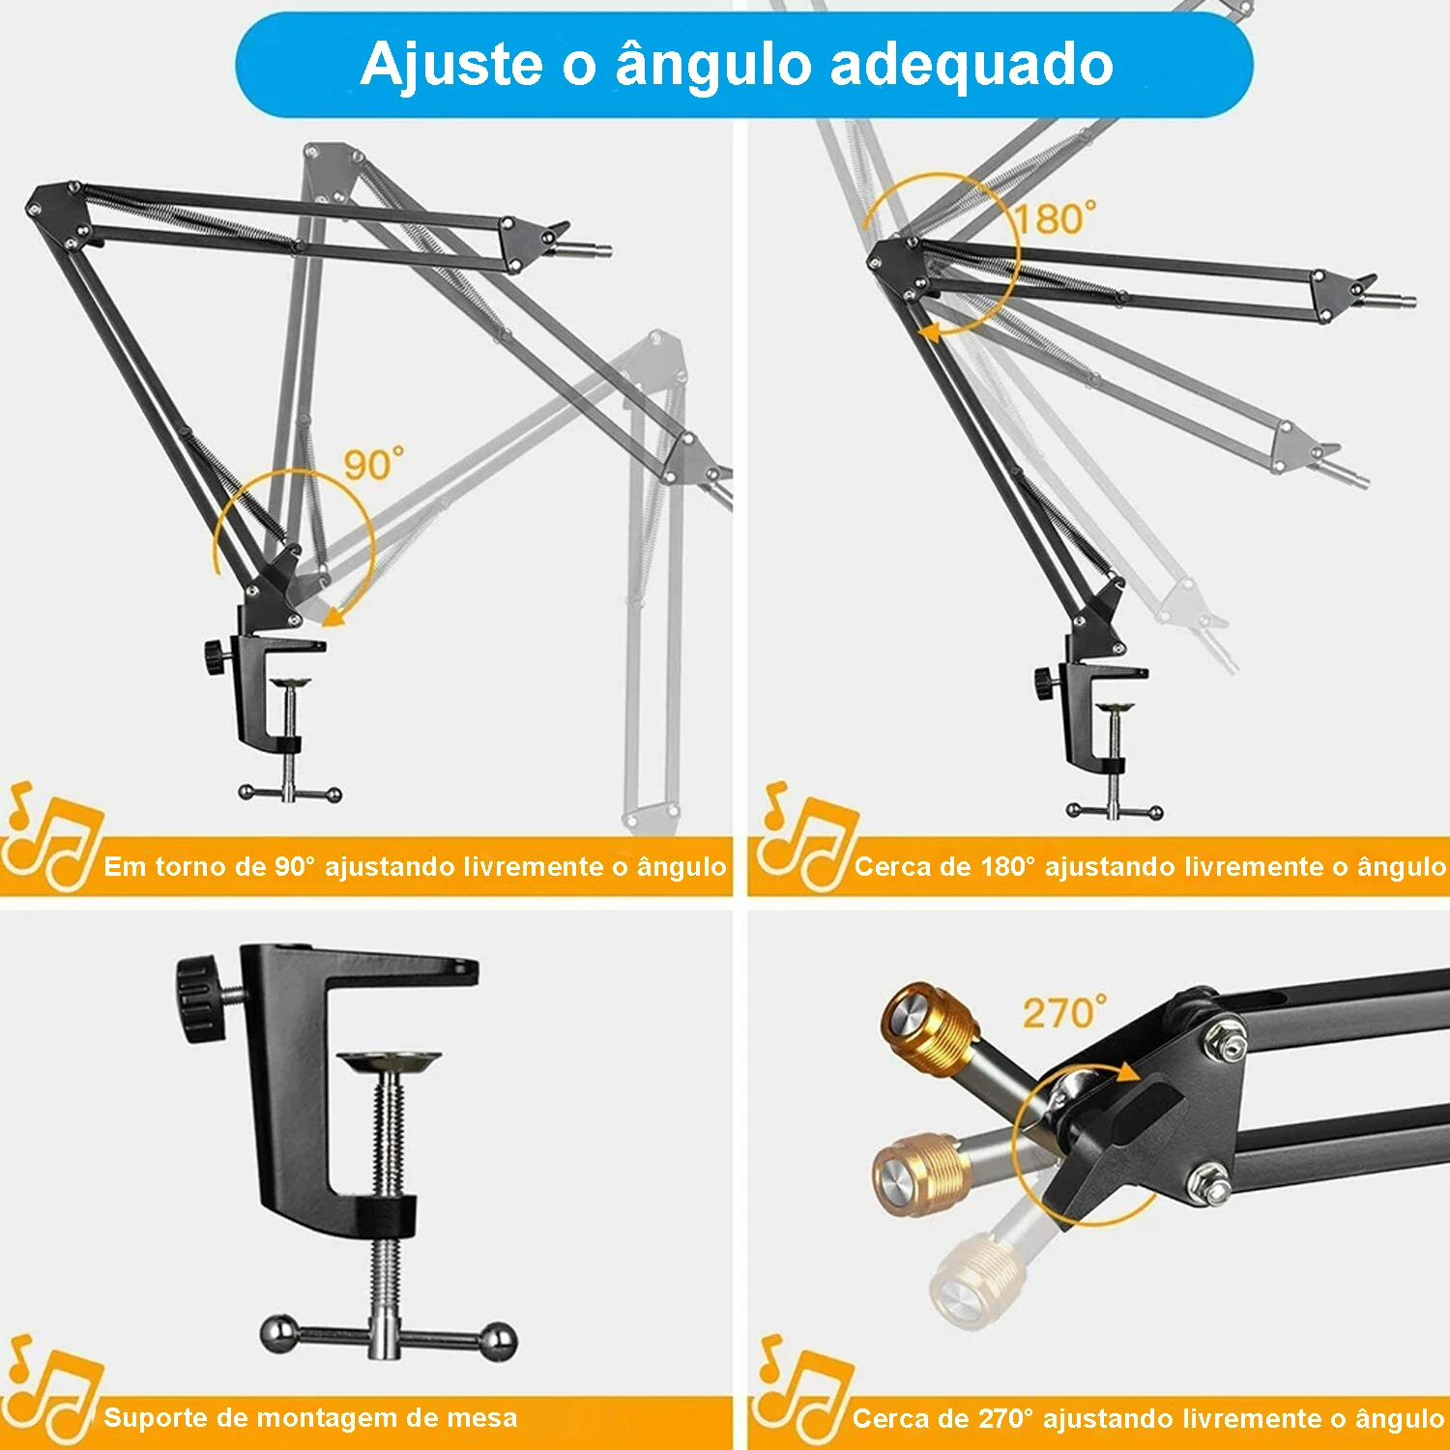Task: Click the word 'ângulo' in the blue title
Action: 714,66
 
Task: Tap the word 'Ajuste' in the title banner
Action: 452,66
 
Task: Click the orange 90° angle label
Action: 374,465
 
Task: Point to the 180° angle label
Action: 1056,218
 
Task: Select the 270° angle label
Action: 1065,1012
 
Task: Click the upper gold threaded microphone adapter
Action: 928,1027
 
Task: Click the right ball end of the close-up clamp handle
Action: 500,1340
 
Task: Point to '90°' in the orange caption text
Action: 295,866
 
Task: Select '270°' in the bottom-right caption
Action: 1006,1418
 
